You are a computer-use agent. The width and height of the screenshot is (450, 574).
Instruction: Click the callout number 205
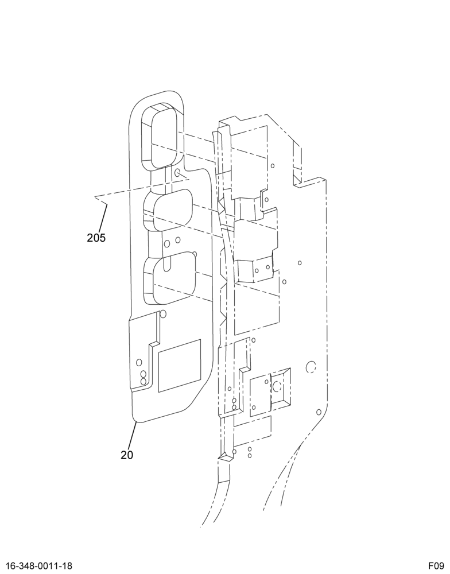click(96, 238)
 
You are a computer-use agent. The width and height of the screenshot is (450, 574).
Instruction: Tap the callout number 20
click(127, 455)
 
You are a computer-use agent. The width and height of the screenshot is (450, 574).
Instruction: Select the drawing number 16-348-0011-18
click(39, 566)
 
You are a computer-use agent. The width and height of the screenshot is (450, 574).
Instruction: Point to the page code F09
click(437, 566)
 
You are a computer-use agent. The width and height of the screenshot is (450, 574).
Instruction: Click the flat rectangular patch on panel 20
click(180, 366)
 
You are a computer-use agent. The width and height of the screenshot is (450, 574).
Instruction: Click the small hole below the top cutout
click(177, 173)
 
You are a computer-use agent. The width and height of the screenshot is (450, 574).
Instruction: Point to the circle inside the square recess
click(277, 386)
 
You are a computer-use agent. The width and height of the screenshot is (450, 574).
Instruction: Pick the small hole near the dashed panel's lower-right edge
click(319, 412)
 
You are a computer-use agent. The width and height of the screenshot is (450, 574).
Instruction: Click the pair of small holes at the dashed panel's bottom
click(249, 452)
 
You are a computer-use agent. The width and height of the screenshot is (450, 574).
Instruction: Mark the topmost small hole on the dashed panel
click(273, 166)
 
